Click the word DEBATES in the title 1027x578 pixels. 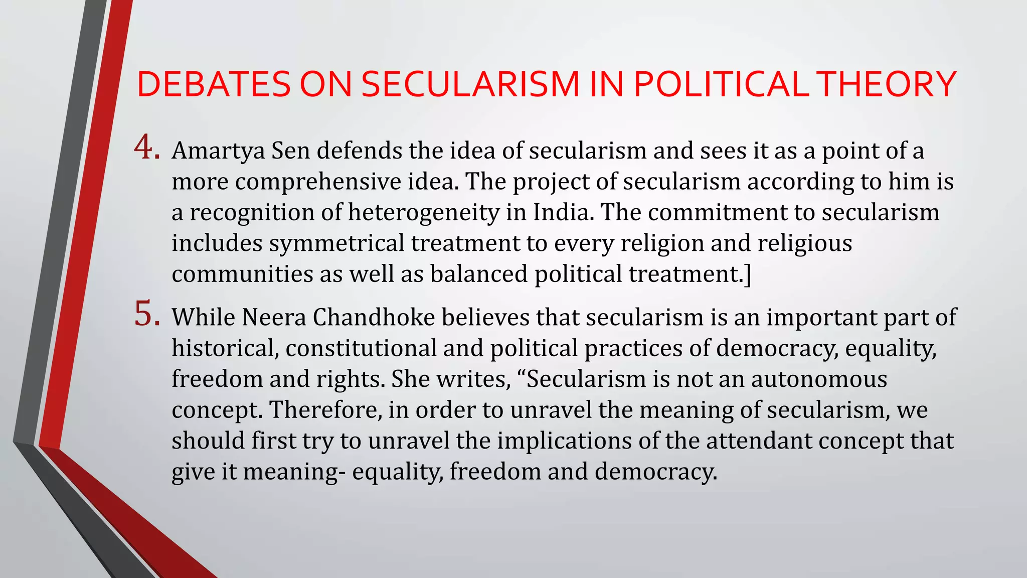click(214, 84)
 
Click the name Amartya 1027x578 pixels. click(218, 151)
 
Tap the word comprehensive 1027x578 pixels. click(317, 182)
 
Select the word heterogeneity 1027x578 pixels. click(424, 213)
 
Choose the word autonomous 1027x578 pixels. click(819, 379)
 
